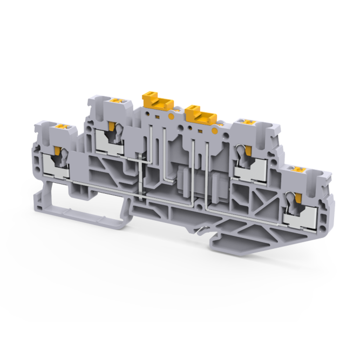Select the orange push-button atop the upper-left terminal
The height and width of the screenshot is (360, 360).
click(116, 100)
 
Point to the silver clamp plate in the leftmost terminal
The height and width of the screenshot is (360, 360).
click(57, 172)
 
